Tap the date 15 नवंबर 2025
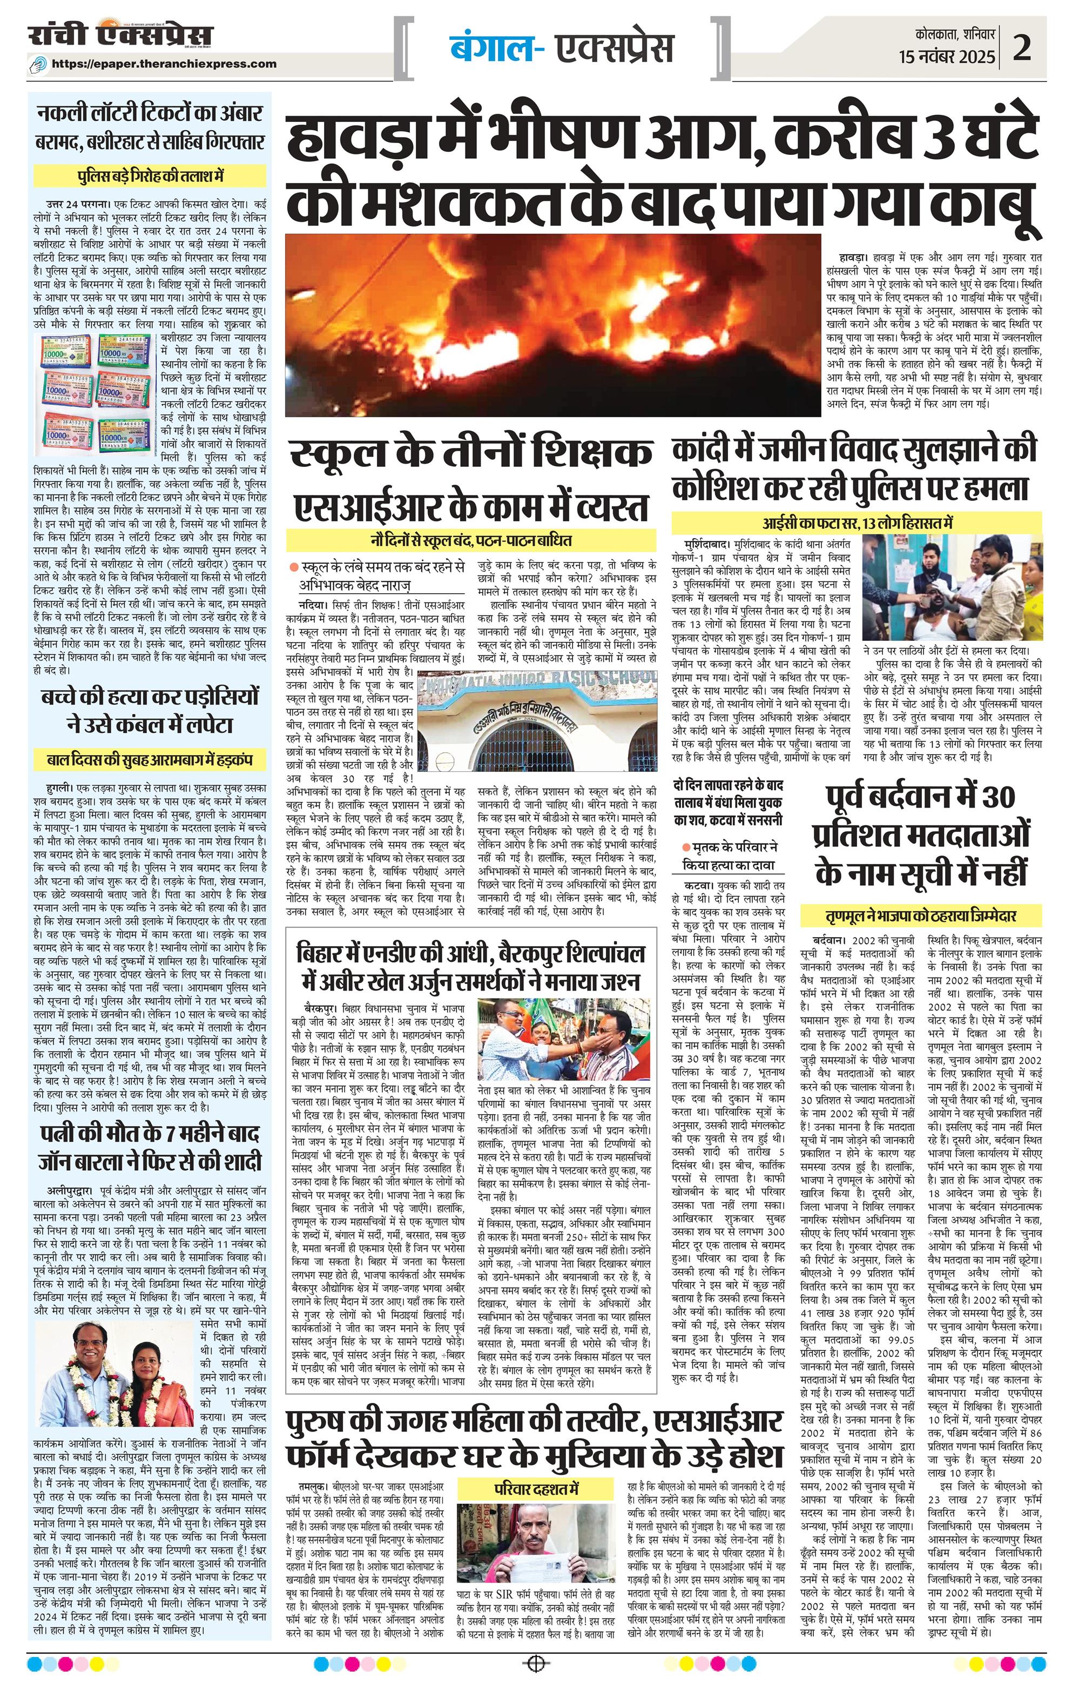[947, 57]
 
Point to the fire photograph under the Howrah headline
[552, 325]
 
